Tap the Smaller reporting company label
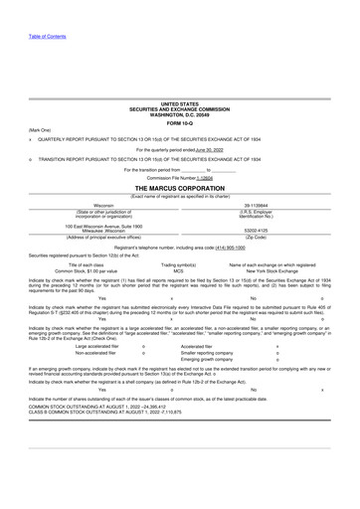[208, 353]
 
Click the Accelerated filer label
[197, 346]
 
